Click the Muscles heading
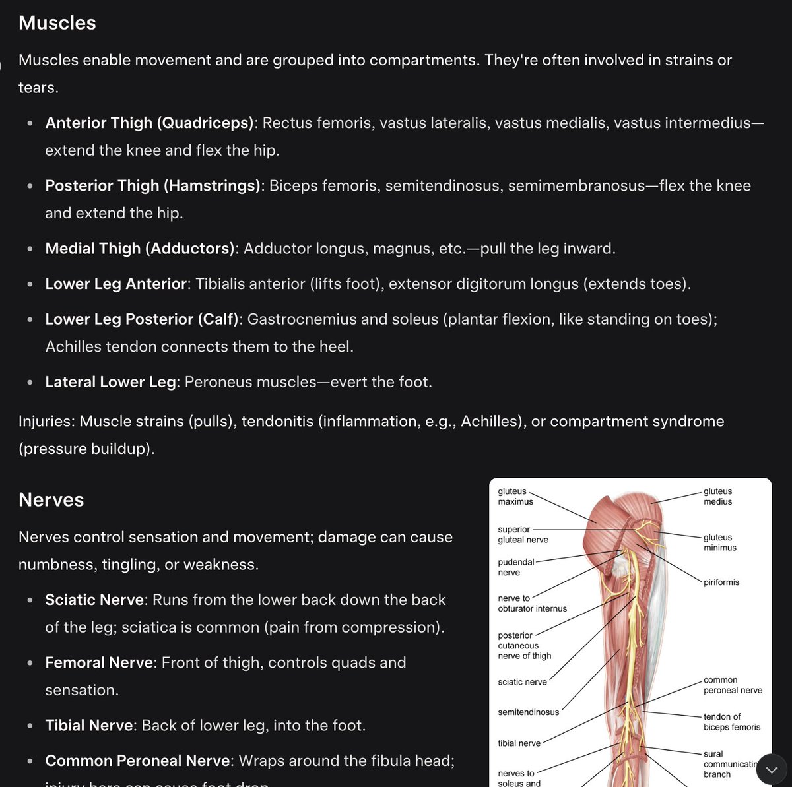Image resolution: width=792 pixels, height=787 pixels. pyautogui.click(x=57, y=23)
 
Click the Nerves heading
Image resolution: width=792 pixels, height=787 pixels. pyautogui.click(x=51, y=500)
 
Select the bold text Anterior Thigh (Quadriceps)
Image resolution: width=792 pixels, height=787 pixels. pyautogui.click(x=150, y=123)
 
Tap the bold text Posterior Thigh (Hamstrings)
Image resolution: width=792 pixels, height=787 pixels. pyautogui.click(x=152, y=186)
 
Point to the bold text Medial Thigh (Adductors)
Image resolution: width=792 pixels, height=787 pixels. pyautogui.click(x=140, y=249)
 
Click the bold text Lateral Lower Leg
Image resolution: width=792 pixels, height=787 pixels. pyautogui.click(x=110, y=382)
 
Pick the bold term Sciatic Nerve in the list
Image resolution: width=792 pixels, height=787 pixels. pyautogui.click(x=94, y=600)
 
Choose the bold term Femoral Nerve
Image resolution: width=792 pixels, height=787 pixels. pyautogui.click(x=99, y=662)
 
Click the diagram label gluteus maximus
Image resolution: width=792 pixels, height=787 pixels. pyautogui.click(x=515, y=497)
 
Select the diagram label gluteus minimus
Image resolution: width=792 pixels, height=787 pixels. pyautogui.click(x=719, y=542)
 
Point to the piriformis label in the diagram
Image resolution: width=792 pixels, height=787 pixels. pyautogui.click(x=721, y=582)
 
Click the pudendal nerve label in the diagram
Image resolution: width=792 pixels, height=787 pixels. pyautogui.click(x=515, y=567)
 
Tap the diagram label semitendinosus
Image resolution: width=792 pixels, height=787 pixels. pyautogui.click(x=528, y=712)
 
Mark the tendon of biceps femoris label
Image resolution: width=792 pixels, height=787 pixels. pyautogui.click(x=731, y=722)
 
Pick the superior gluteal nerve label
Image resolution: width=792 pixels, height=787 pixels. pyautogui.click(x=523, y=534)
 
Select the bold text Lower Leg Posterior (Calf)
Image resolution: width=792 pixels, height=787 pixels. pyautogui.click(x=141, y=319)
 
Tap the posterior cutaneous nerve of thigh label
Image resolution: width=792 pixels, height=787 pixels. pyautogui.click(x=524, y=646)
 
